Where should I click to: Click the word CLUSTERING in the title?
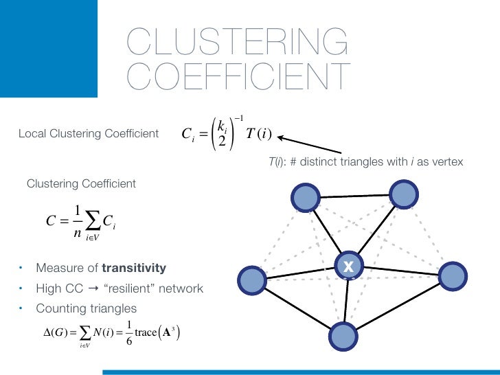[237, 42]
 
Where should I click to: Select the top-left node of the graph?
[304, 197]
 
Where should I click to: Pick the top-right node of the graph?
[403, 193]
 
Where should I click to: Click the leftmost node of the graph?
[251, 281]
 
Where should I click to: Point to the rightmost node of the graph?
[452, 276]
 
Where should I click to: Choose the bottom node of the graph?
[344, 336]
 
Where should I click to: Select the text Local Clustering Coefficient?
[89, 133]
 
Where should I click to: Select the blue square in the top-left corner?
[48, 48]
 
